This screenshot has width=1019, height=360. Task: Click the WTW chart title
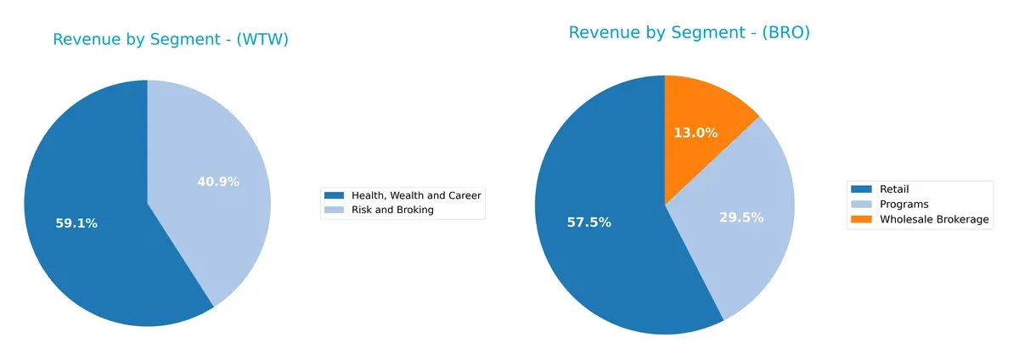[171, 40]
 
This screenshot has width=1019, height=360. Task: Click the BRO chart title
[689, 33]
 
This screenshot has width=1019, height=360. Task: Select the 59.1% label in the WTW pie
[76, 223]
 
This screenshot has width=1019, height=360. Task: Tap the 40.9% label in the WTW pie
[218, 182]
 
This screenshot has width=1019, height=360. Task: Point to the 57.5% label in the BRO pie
[588, 222]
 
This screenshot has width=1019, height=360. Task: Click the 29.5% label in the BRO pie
[742, 217]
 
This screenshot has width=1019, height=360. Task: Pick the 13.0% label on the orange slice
[696, 132]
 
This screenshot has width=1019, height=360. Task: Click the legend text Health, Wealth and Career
[416, 195]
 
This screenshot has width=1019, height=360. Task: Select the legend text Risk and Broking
[392, 210]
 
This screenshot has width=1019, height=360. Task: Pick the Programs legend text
[904, 205]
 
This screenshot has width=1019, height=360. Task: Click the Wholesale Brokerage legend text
[934, 219]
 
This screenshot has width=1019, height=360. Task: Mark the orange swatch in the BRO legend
[863, 219]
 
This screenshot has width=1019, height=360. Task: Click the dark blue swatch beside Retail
[863, 189]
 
